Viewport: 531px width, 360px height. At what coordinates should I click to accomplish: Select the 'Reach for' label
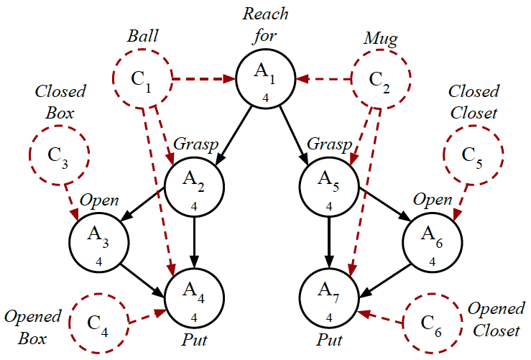coord(267,22)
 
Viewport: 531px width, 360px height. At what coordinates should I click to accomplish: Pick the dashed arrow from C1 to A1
coord(204,77)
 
